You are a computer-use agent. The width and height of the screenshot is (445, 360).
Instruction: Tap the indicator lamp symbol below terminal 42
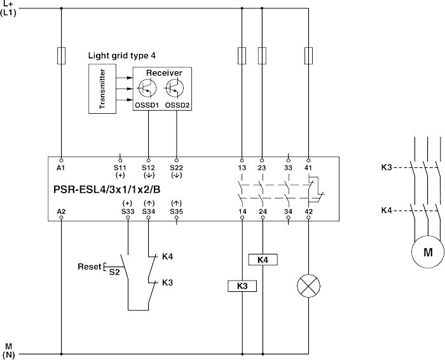tap(308, 287)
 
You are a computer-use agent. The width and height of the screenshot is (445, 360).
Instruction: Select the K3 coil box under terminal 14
tap(242, 287)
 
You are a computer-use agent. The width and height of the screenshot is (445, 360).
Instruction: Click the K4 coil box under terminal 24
tap(262, 260)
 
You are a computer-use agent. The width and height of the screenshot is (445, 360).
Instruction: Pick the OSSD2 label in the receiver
tap(177, 106)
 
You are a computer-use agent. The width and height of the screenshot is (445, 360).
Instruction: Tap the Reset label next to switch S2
tap(89, 266)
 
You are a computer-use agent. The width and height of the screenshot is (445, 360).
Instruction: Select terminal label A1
tap(61, 168)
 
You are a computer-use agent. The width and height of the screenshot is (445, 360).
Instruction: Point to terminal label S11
tap(119, 168)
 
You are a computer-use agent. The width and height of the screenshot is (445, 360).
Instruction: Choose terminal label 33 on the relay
tap(288, 168)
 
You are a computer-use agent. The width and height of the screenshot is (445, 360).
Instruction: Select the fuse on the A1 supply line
tap(61, 54)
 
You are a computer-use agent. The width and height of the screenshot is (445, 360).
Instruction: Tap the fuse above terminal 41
tap(308, 55)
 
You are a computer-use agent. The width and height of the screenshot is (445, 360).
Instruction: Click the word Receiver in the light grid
tap(163, 73)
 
